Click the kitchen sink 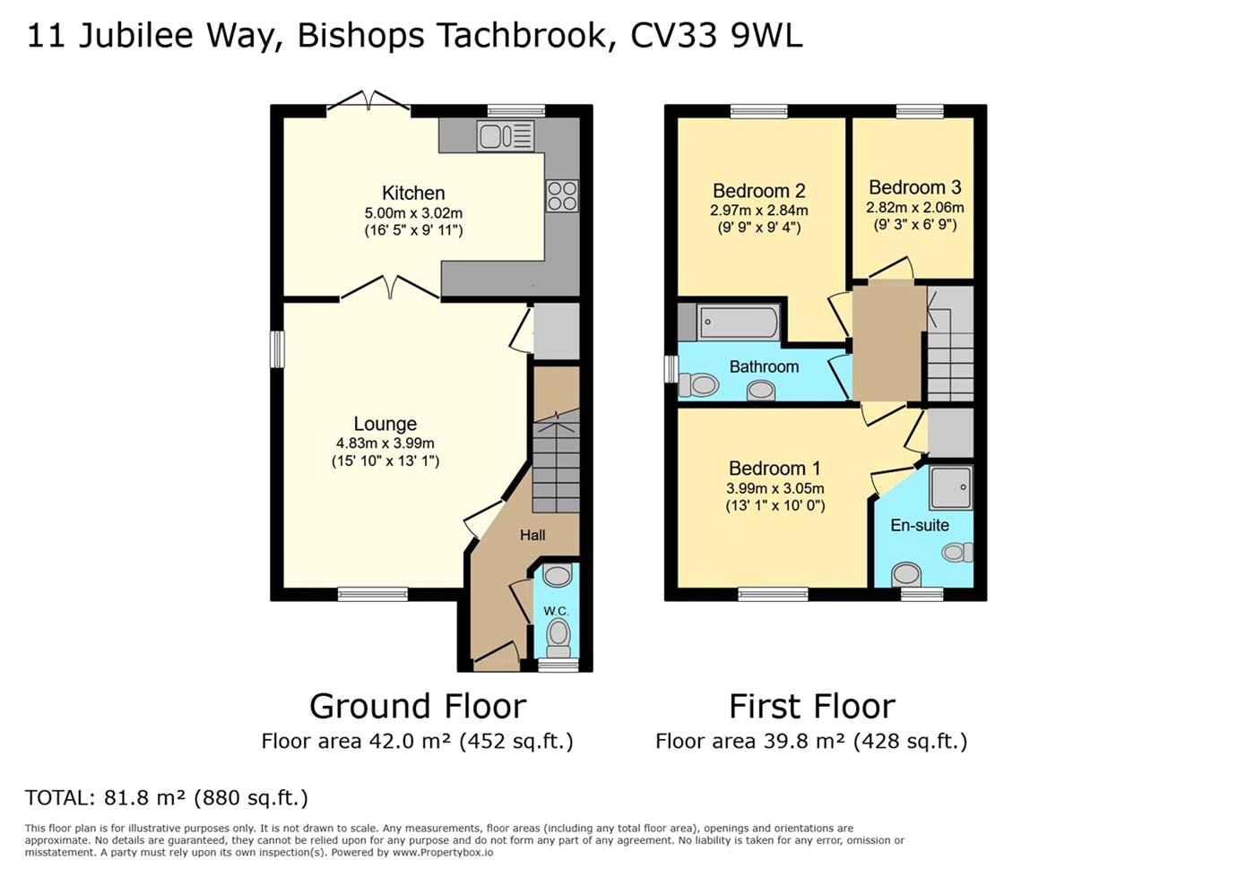tap(506, 135)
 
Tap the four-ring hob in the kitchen tap(562, 195)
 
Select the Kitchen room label tap(413, 193)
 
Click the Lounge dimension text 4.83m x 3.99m tap(385, 443)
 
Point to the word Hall tap(532, 536)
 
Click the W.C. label tap(556, 611)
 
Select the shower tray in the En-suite tap(951, 487)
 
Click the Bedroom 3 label tap(915, 187)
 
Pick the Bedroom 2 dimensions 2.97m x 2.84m tap(758, 211)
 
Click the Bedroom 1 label tap(775, 469)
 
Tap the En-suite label tap(920, 525)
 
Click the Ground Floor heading tap(418, 706)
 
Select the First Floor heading tap(812, 706)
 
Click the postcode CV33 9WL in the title tap(716, 36)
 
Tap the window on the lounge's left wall tap(277, 349)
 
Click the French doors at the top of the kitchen tap(368, 101)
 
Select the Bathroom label tap(764, 366)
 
